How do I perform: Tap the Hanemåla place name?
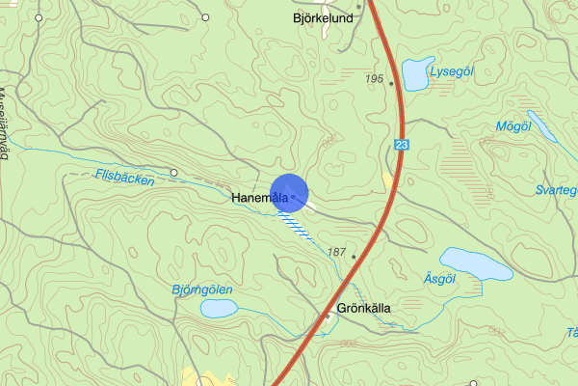261,199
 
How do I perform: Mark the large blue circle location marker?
289,192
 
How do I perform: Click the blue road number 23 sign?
400,144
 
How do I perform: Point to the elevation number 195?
376,78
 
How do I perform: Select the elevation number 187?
336,252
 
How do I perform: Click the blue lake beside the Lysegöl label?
416,73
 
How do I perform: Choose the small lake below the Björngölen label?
219,308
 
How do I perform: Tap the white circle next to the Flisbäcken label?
173,173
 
